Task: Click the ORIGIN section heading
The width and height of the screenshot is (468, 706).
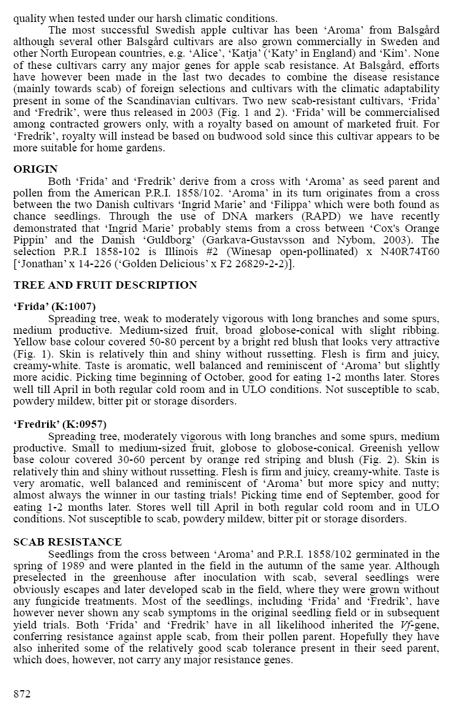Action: pos(35,169)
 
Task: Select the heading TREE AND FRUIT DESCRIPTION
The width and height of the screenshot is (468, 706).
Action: pos(105,285)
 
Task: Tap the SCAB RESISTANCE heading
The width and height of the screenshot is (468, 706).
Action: pos(67,542)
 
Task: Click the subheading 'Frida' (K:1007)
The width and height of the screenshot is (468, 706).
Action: pos(54,306)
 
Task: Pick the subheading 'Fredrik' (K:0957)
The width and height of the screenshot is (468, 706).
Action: pos(60,424)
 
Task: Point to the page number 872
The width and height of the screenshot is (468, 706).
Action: pos(22,694)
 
